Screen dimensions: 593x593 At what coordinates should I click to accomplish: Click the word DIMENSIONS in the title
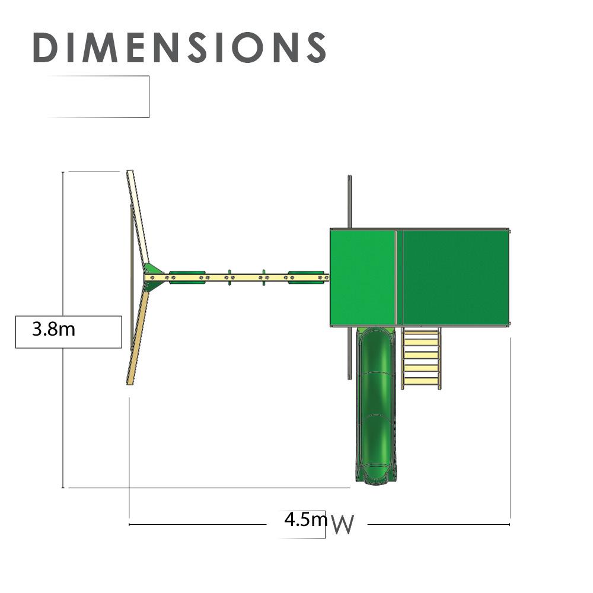[x=180, y=47]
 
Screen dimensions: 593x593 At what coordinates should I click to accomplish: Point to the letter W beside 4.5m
[x=343, y=525]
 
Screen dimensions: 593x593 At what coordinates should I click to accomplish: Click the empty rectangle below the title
[x=98, y=97]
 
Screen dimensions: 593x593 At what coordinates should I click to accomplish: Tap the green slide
[x=374, y=403]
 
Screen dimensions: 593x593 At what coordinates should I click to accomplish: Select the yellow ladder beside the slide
[x=421, y=359]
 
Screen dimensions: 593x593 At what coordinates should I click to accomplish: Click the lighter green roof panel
[x=362, y=278]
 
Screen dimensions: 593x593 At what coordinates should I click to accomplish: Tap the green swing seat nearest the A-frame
[x=187, y=277]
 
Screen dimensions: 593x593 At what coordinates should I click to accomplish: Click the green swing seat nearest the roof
[x=306, y=277]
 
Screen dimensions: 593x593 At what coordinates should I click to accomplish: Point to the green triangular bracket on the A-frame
[x=153, y=277]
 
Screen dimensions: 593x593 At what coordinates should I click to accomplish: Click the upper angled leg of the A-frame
[x=138, y=216]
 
